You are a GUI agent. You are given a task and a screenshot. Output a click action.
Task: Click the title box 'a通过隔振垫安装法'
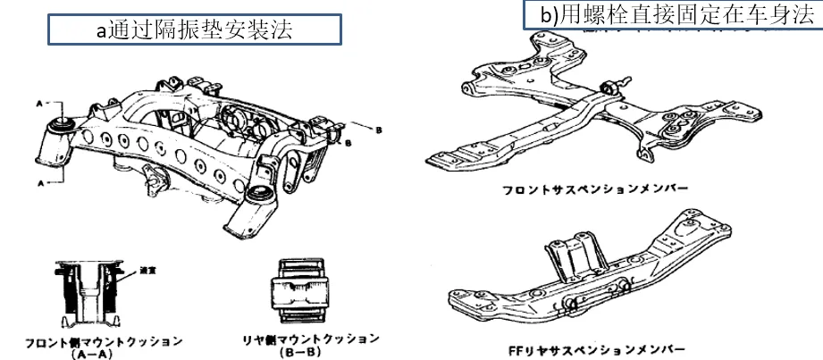pyautogui.click(x=194, y=29)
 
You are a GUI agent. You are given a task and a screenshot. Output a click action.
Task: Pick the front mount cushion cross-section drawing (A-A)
pyautogui.click(x=89, y=291)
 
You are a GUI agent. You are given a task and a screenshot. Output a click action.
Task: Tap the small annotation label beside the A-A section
pyautogui.click(x=136, y=270)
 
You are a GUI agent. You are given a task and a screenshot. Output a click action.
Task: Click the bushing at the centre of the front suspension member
pyautogui.click(x=615, y=88)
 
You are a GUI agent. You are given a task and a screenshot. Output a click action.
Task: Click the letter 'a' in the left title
pyautogui.click(x=101, y=30)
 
